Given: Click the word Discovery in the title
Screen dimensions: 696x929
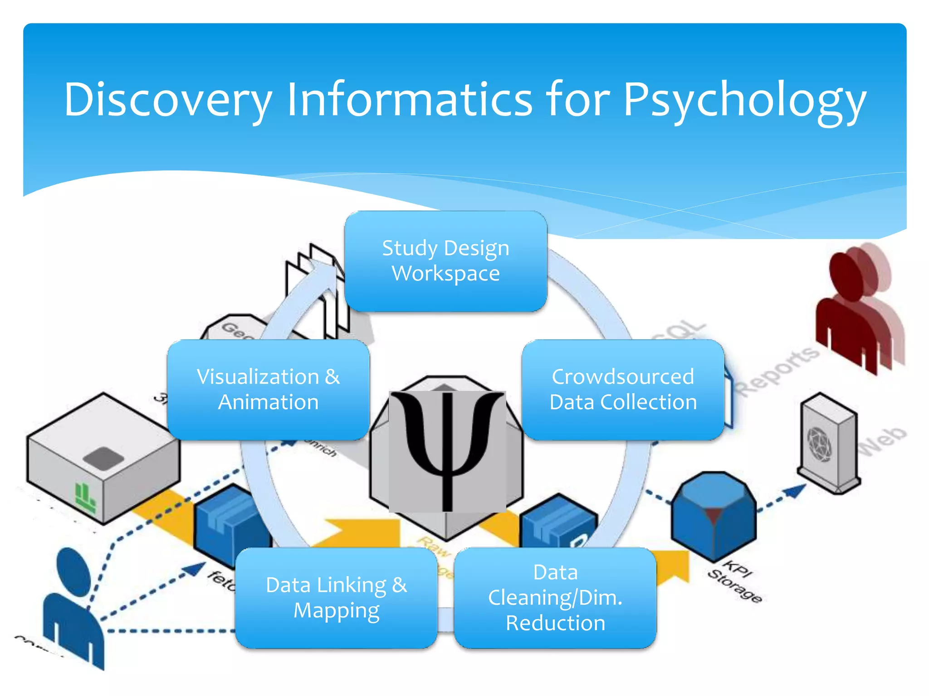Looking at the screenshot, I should (x=168, y=100).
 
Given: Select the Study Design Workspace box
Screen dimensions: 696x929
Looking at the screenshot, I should (x=445, y=261).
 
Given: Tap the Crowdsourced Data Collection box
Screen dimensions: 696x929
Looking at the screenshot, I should (x=623, y=390).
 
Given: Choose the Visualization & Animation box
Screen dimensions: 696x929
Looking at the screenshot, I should (x=268, y=390).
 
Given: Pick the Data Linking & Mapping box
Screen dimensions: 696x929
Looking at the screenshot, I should (x=336, y=598).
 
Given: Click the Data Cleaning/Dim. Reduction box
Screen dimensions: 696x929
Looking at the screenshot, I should (x=555, y=598).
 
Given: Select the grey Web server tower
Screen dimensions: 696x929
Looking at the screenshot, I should (x=828, y=444).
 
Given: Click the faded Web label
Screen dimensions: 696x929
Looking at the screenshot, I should (x=882, y=442).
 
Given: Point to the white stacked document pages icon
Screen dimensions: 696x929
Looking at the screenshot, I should (x=318, y=290).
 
